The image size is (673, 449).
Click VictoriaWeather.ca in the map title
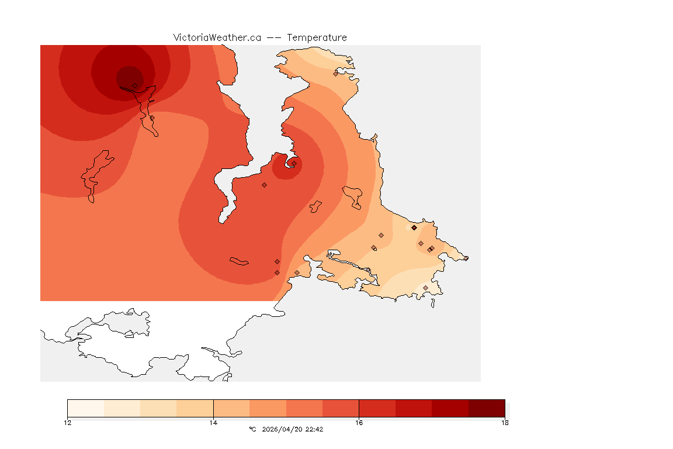pyautogui.click(x=217, y=37)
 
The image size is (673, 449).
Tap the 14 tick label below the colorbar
pyautogui.click(x=213, y=422)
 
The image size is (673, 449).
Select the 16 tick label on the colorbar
pyautogui.click(x=359, y=422)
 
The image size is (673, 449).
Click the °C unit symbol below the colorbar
pyautogui.click(x=252, y=429)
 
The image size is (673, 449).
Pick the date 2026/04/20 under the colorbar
pyautogui.click(x=282, y=429)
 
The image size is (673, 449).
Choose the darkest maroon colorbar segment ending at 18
pyautogui.click(x=487, y=407)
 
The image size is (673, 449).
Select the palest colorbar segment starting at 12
pyautogui.click(x=85, y=407)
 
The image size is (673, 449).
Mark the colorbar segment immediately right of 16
pyautogui.click(x=377, y=407)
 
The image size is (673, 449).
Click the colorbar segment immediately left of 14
pyautogui.click(x=195, y=407)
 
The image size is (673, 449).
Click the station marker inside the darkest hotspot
pyautogui.click(x=134, y=85)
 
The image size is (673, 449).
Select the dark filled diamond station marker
pyautogui.click(x=414, y=227)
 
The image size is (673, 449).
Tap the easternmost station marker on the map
pyautogui.click(x=466, y=258)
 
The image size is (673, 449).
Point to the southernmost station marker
pyautogui.click(x=425, y=288)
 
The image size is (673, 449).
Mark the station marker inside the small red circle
pyautogui.click(x=294, y=163)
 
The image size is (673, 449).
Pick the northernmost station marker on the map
pyautogui.click(x=335, y=74)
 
